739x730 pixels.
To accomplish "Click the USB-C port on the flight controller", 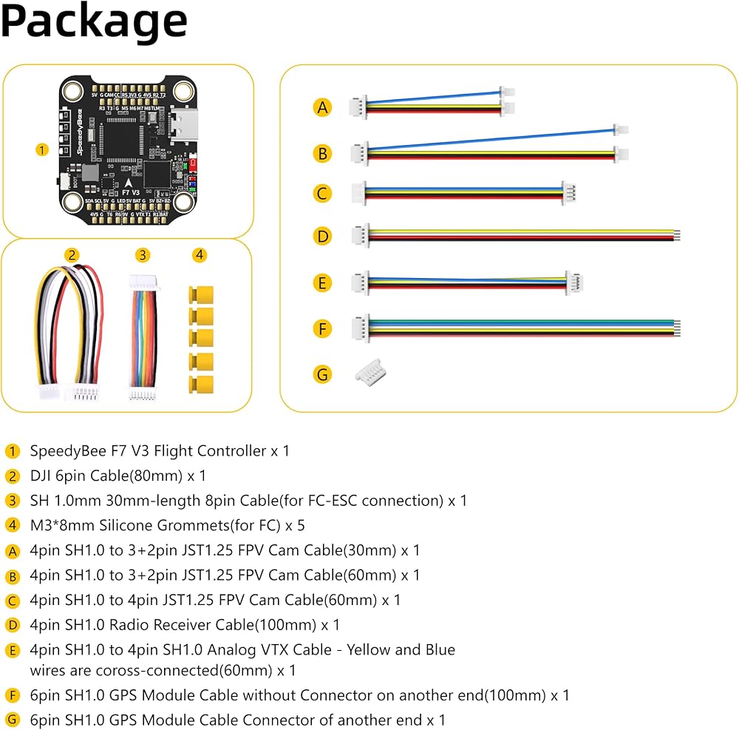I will click(182, 124).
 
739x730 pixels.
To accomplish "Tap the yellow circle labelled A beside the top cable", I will click(322, 107).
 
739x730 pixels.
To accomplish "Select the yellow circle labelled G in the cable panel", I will click(322, 374).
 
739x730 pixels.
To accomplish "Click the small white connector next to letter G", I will click(371, 374).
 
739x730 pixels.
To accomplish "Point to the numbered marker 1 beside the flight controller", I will click(42, 149).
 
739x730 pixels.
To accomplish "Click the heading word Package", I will click(94, 22).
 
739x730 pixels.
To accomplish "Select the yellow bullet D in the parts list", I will click(13, 625).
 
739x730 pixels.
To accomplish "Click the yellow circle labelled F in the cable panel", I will click(322, 328).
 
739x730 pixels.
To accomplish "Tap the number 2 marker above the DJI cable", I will click(72, 255).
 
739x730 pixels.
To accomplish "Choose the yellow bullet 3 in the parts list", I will click(13, 501).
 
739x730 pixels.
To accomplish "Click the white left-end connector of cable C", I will click(359, 193).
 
